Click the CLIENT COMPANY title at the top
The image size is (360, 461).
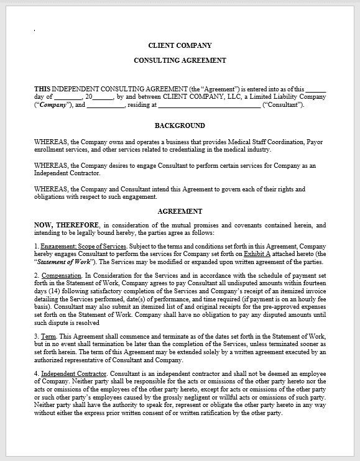click(x=180, y=45)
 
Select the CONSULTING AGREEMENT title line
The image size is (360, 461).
click(x=180, y=60)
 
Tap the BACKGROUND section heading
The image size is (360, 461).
click(x=180, y=125)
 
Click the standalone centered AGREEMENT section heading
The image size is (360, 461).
click(x=180, y=211)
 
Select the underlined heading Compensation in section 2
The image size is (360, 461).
click(x=61, y=275)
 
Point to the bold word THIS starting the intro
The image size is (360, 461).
click(x=42, y=88)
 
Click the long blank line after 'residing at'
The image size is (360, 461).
click(x=209, y=105)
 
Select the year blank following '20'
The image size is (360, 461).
click(x=103, y=97)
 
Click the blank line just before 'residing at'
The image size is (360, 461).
click(x=106, y=105)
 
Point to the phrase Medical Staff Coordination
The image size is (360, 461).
click(x=261, y=142)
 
